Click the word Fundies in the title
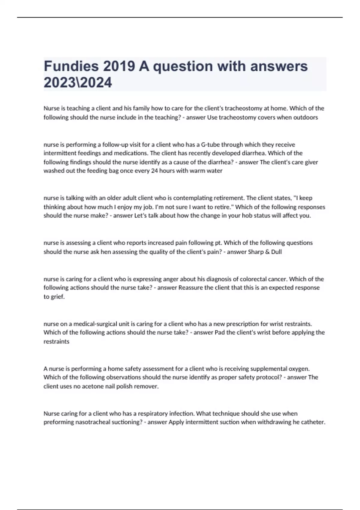click(x=71, y=66)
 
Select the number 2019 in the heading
click(x=119, y=66)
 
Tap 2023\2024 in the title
click(x=78, y=82)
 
